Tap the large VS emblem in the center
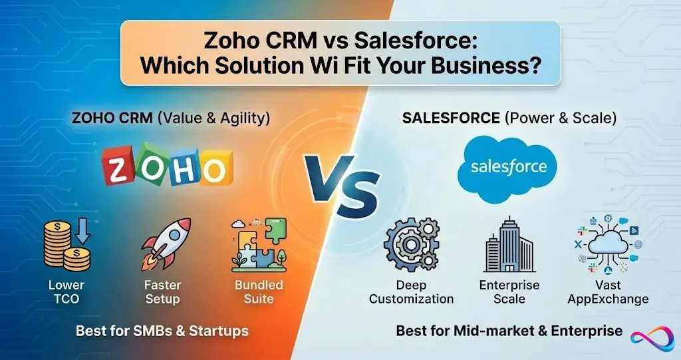(x=341, y=184)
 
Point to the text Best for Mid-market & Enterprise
(x=509, y=330)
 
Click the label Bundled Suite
(x=259, y=291)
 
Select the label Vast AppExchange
(x=608, y=291)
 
